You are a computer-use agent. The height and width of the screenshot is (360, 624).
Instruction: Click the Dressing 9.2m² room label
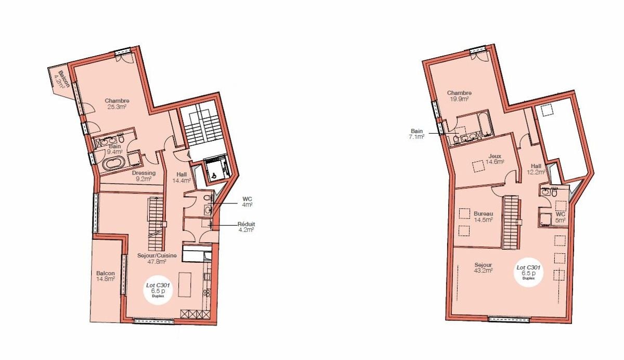[x=144, y=176]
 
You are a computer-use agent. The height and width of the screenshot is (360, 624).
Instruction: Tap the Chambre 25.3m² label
[x=117, y=104]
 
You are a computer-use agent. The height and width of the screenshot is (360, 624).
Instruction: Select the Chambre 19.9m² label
[x=459, y=96]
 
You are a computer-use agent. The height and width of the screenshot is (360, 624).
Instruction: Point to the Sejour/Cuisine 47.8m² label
[x=157, y=259]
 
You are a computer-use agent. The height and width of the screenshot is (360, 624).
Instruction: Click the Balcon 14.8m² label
[x=106, y=276]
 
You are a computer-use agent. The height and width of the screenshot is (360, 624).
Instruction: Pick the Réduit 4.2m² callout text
[x=246, y=227]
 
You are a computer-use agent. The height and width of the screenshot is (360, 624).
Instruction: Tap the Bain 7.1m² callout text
[x=417, y=134]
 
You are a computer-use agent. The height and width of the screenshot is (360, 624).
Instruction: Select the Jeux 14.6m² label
[x=495, y=159]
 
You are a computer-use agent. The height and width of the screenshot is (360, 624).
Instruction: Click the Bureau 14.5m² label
[x=484, y=216]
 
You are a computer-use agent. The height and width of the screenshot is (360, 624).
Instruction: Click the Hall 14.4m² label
[x=181, y=178]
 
